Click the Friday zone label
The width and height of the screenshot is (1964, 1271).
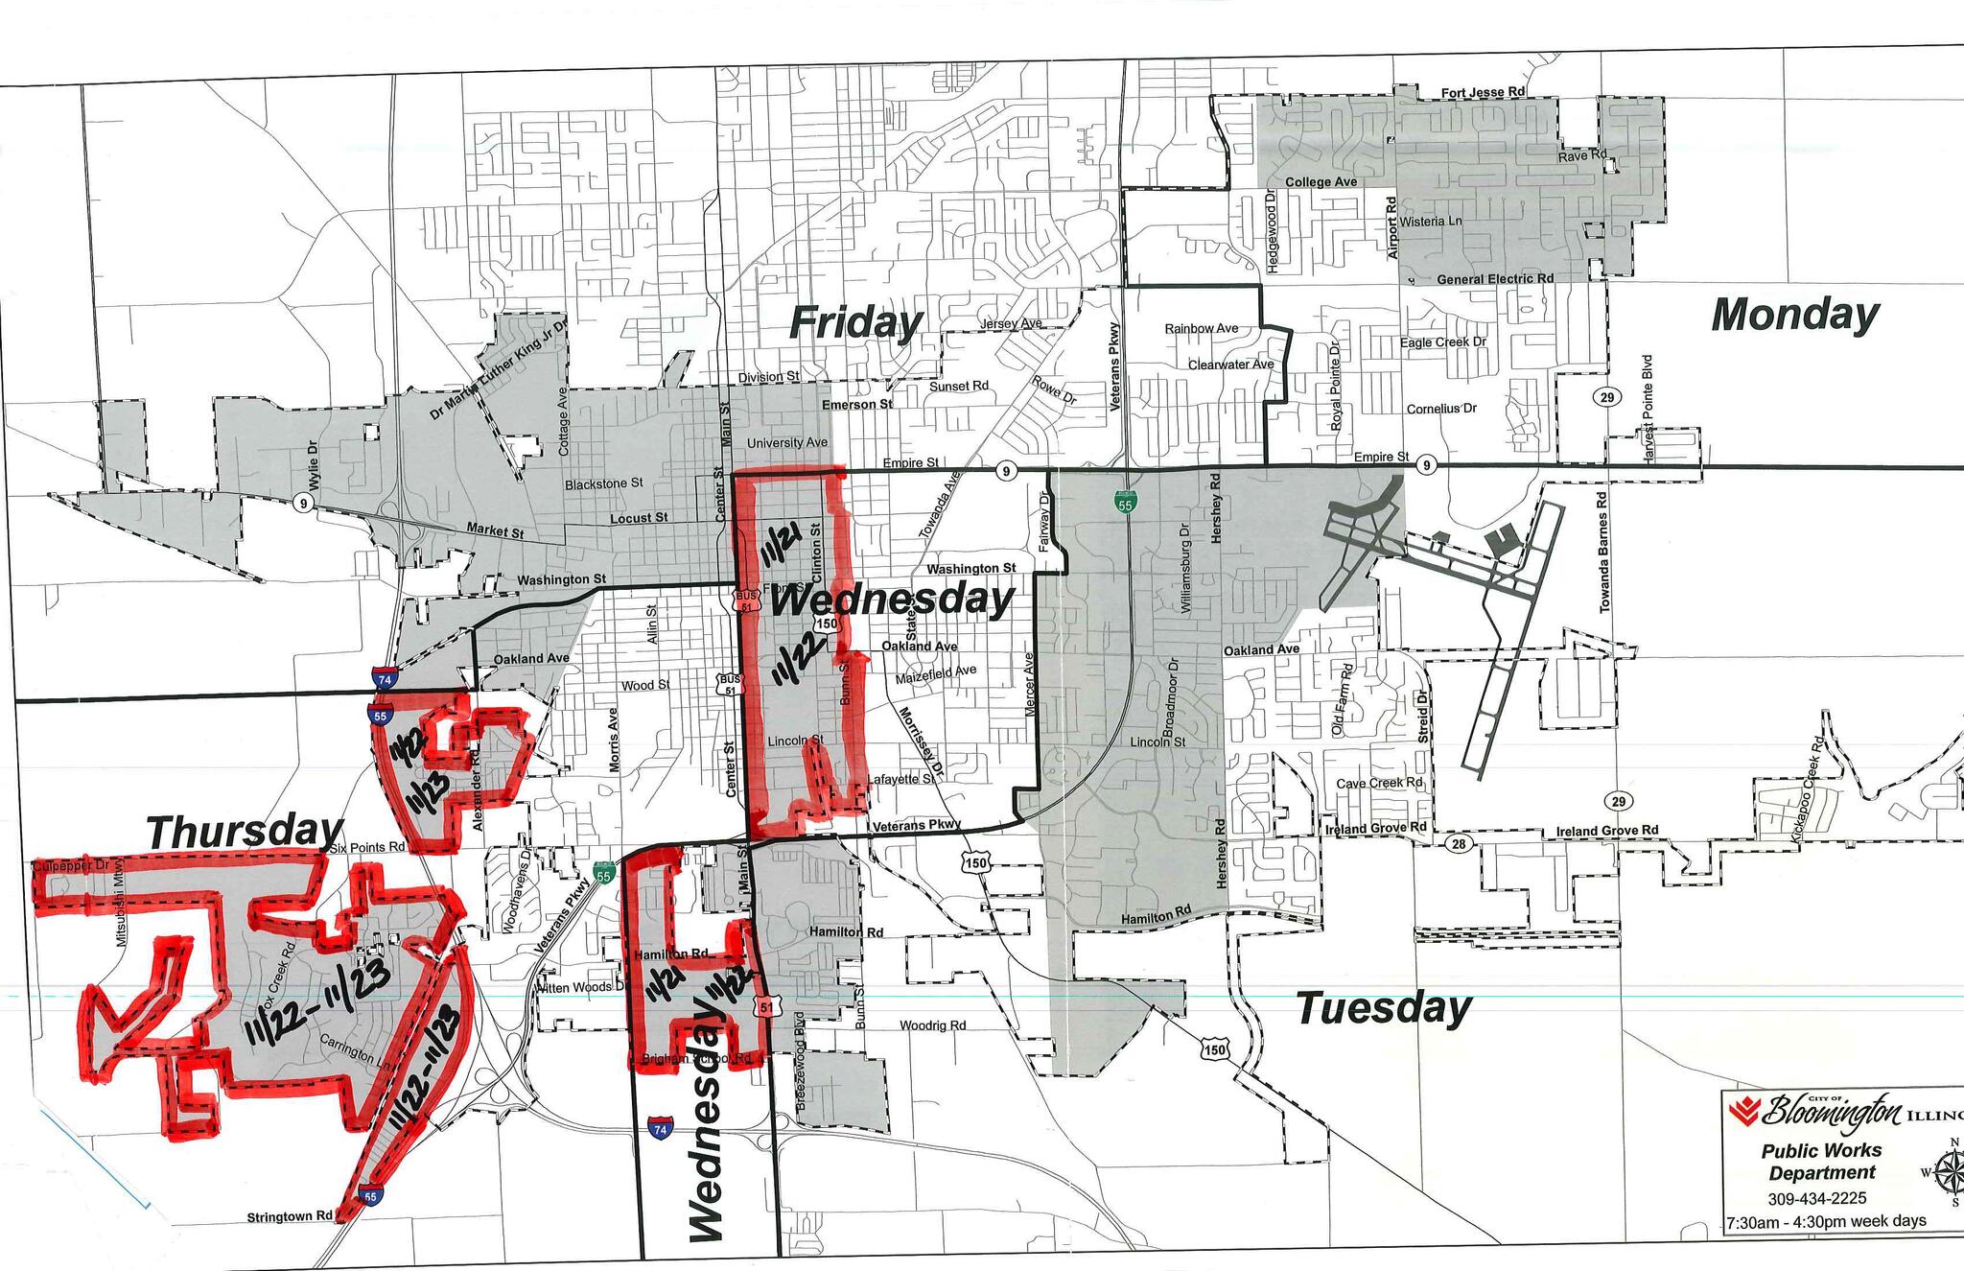[855, 323]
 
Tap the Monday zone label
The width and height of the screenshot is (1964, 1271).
[1794, 315]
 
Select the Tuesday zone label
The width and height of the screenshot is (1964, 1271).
[1383, 1008]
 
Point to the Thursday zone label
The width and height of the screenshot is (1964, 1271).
[245, 831]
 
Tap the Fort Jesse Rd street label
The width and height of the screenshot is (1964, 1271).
[1483, 92]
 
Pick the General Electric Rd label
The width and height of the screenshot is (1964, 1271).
[1495, 279]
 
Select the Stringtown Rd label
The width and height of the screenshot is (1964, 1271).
[290, 1216]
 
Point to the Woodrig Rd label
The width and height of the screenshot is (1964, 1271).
[932, 1025]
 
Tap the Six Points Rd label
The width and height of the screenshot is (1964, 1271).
[367, 848]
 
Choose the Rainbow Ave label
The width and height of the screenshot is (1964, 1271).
[1201, 328]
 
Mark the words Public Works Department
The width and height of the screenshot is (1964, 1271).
[1821, 1161]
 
